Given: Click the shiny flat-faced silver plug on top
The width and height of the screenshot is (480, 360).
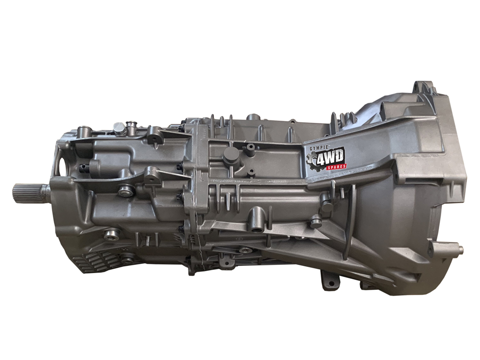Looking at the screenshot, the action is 118,127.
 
